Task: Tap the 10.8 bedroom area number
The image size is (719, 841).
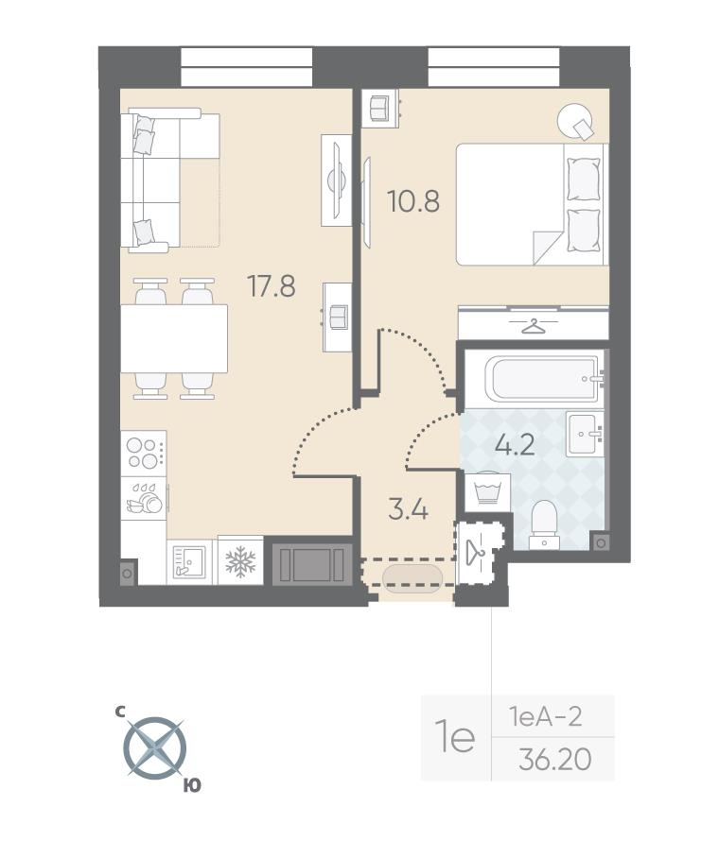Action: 413,201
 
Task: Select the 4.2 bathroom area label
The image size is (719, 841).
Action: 515,445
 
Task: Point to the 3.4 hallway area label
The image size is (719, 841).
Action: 408,509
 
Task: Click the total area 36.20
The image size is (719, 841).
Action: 555,759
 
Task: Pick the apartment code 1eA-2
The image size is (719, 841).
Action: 546,716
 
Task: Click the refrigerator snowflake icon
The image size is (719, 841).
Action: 240,560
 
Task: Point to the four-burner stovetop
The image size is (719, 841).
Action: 143,454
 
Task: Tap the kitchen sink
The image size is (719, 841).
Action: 188,561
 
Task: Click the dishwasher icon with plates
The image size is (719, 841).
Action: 144,498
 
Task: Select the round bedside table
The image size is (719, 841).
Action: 575,122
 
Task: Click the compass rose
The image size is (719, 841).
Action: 154,747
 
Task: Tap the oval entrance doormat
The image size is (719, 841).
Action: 412,577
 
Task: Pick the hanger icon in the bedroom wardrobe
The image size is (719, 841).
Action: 533,326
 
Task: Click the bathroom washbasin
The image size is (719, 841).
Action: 585,434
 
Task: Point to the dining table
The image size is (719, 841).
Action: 174,338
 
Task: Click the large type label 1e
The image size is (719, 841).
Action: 456,737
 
